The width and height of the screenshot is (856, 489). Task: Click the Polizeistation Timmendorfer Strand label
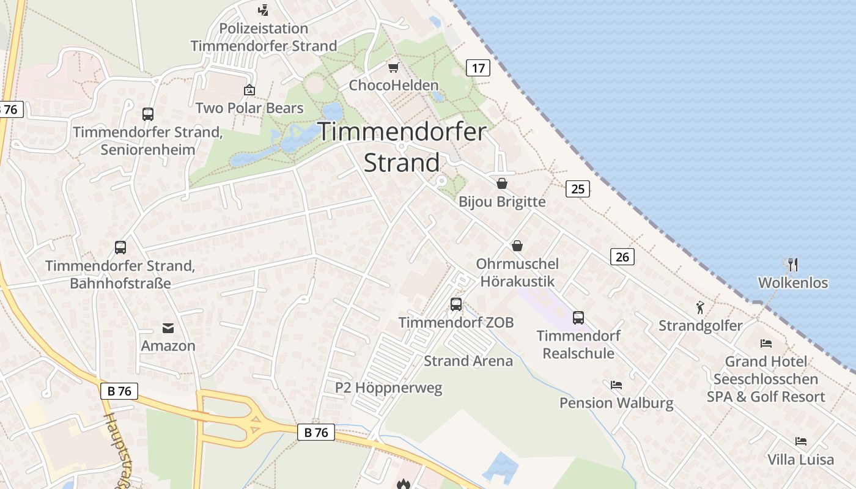[264, 37]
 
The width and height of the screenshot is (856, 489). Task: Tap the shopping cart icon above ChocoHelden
[394, 67]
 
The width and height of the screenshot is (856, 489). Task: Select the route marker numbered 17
[478, 68]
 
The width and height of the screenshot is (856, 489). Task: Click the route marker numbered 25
[578, 189]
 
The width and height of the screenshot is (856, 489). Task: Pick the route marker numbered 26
[622, 257]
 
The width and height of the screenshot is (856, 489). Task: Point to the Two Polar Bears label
[249, 108]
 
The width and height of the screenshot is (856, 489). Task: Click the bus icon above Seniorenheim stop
[148, 114]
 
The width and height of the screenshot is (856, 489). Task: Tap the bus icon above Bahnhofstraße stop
[120, 248]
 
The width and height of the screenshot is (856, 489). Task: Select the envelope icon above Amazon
[168, 329]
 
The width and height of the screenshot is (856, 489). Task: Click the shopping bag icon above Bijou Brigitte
[502, 183]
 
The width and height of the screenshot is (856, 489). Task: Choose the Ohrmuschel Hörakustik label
[517, 273]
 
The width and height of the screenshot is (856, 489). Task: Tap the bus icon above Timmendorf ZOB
[456, 304]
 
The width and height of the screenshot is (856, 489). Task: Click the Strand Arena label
[468, 361]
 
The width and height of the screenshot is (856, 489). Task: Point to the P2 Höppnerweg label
[388, 388]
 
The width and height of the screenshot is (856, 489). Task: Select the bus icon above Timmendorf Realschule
[578, 318]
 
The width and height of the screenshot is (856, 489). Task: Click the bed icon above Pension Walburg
[616, 385]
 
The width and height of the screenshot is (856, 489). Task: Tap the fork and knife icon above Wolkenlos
[793, 265]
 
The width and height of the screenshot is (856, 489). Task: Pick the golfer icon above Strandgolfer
[701, 307]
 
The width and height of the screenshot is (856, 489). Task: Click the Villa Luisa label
[800, 460]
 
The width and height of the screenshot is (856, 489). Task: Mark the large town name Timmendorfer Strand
[402, 147]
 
